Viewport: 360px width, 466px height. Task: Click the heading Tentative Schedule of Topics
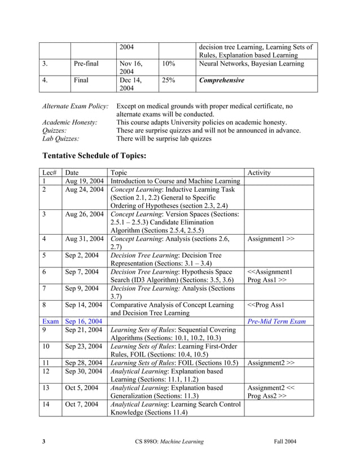click(x=94, y=156)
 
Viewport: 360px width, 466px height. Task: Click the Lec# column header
click(x=49, y=173)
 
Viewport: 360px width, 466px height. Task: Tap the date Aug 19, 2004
click(x=84, y=181)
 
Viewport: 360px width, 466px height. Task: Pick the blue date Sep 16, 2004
click(x=84, y=321)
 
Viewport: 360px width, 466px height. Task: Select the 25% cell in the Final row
click(x=168, y=80)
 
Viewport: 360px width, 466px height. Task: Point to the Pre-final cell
click(x=86, y=64)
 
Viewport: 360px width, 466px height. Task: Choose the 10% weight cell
click(x=168, y=64)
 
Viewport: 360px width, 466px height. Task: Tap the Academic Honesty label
click(x=70, y=122)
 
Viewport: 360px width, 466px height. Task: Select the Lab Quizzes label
click(x=61, y=138)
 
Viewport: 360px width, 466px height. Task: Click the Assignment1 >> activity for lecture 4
click(x=271, y=239)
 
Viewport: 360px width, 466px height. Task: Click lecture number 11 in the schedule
click(x=46, y=362)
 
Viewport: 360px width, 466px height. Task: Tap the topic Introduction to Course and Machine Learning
click(x=175, y=181)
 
